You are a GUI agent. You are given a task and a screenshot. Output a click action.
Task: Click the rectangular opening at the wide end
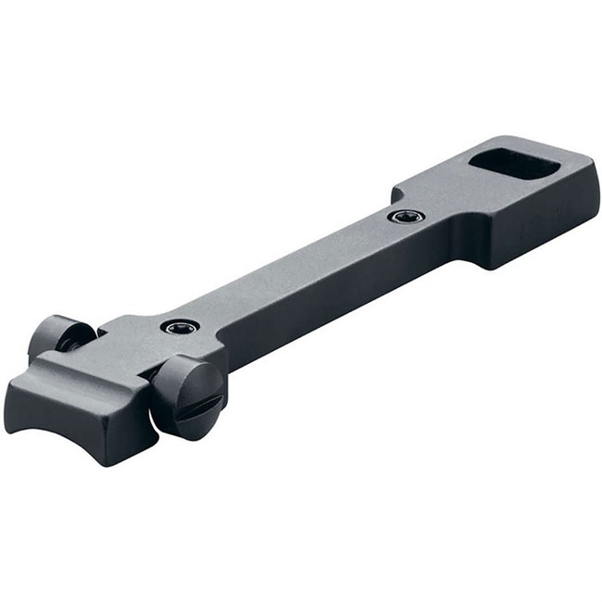[x=512, y=163]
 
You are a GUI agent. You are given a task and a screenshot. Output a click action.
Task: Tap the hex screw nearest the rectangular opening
[x=406, y=217]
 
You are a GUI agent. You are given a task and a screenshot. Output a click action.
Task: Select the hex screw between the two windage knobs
[x=179, y=326]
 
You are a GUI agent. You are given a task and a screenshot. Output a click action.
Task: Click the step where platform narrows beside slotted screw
[x=222, y=352]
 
